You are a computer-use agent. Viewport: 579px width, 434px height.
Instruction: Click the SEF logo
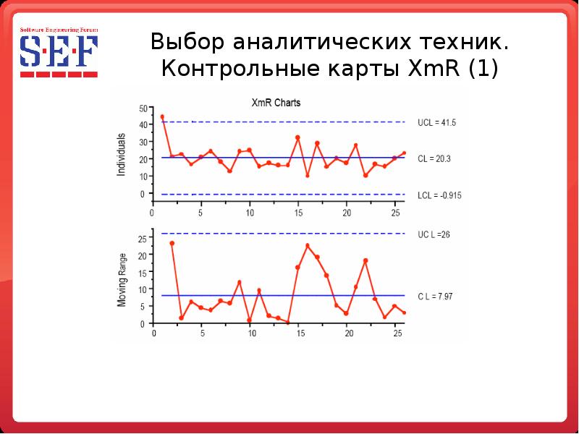point(59,53)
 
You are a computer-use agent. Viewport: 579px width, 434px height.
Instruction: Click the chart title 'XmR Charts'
point(276,103)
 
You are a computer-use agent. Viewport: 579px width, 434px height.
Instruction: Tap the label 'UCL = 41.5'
point(436,123)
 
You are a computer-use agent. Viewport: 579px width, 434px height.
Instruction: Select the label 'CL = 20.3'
point(434,158)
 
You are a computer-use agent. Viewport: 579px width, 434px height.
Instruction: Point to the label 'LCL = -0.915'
point(440,195)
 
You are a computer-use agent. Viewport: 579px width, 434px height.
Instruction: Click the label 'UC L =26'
point(434,234)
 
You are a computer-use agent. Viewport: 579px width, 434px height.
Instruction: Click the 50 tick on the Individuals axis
point(142,109)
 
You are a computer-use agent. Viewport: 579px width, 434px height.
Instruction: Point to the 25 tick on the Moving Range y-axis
point(142,239)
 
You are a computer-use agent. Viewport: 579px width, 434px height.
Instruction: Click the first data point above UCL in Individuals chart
point(162,116)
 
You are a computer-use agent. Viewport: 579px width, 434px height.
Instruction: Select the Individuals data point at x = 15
point(297,137)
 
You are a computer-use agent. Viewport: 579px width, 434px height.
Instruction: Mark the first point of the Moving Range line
point(172,243)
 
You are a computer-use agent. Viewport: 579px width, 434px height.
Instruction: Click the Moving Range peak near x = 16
point(308,245)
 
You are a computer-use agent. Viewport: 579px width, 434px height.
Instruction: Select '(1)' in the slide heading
point(483,69)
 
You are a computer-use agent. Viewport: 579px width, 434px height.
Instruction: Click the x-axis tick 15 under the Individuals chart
point(297,213)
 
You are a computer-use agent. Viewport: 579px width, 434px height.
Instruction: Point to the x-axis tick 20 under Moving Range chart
point(348,334)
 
